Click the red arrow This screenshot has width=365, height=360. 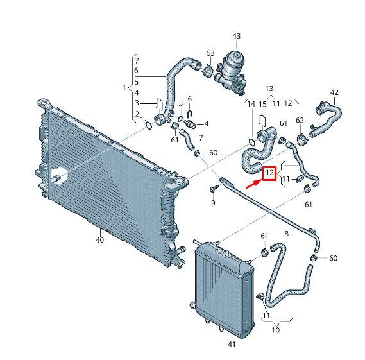[x=254, y=184]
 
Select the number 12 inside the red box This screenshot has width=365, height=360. [x=269, y=173]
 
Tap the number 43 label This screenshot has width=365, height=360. [x=236, y=36]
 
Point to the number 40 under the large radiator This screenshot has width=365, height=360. [x=99, y=240]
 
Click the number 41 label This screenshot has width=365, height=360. [x=232, y=344]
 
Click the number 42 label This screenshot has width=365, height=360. [x=334, y=92]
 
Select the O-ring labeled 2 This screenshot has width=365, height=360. [x=149, y=126]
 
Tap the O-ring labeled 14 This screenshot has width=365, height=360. [x=252, y=142]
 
